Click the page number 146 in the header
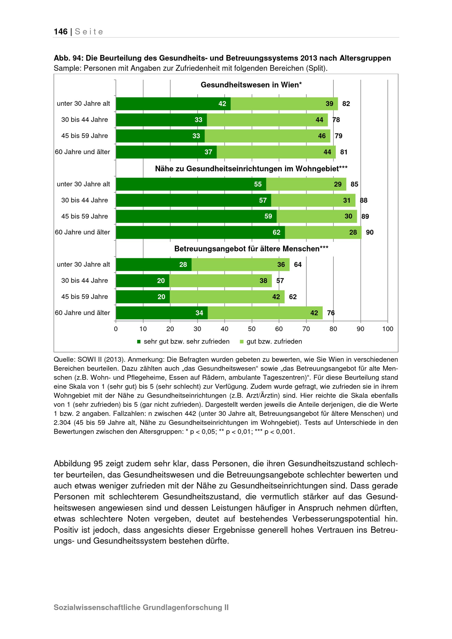[x=61, y=31]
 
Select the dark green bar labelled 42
[x=173, y=104]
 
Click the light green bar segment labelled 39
[x=284, y=104]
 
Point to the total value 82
[x=346, y=104]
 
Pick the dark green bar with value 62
[x=200, y=232]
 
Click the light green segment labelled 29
[x=306, y=184]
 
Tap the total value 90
[x=370, y=232]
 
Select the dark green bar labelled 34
[x=162, y=313]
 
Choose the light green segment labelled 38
[x=220, y=281]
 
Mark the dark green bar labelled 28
[x=154, y=264]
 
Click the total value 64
[x=298, y=264]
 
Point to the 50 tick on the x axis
[x=252, y=329]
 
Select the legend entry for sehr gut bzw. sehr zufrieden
[x=184, y=341]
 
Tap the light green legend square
[x=242, y=341]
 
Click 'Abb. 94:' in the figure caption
[x=68, y=58]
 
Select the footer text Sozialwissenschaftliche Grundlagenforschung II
[x=141, y=607]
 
